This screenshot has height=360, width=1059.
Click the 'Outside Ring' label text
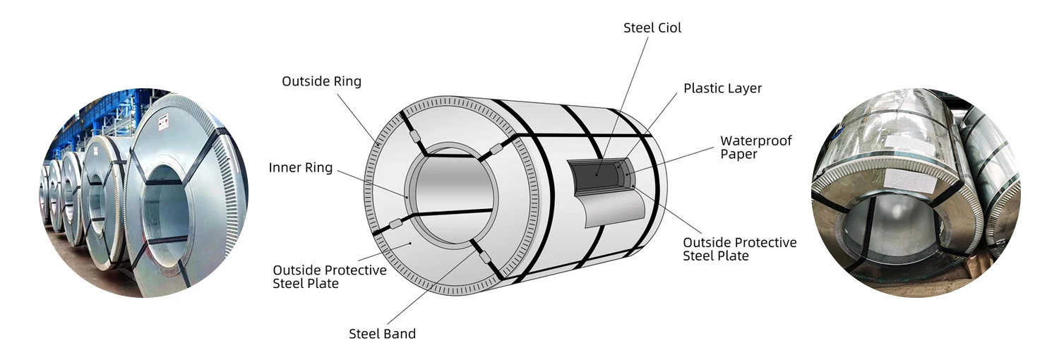[321, 81]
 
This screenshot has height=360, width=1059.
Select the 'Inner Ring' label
[300, 168]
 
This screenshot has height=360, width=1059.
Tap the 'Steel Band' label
[382, 334]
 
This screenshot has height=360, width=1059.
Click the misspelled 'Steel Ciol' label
[652, 28]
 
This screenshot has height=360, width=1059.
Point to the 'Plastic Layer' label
[722, 89]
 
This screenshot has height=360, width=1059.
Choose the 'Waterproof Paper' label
[755, 148]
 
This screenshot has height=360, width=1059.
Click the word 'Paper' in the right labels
[739, 155]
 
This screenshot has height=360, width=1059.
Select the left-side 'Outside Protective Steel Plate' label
[329, 277]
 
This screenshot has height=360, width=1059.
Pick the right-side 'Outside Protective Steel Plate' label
[739, 249]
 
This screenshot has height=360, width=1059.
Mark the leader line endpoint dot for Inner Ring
[407, 196]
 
